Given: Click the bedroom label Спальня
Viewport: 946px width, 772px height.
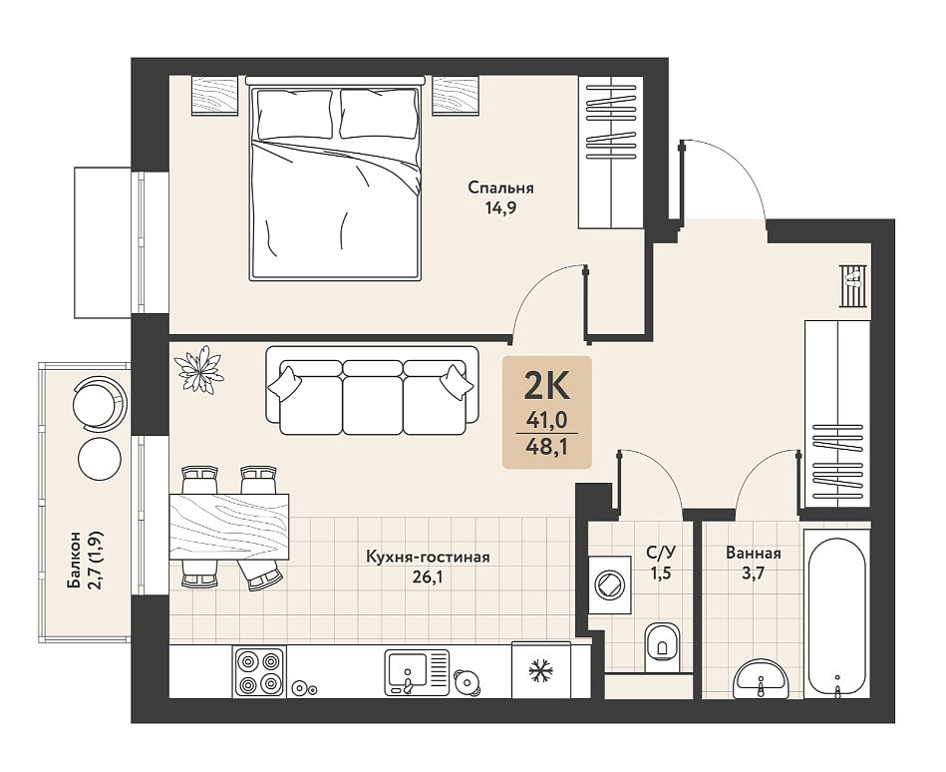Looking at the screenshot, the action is point(500,188).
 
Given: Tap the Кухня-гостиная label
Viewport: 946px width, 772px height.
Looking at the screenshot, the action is point(428,557).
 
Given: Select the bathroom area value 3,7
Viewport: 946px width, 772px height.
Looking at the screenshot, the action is point(754,574).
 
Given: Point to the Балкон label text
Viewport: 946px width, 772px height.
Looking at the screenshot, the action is point(74,561).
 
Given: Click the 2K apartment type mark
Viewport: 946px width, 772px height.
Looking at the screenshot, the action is point(546,387).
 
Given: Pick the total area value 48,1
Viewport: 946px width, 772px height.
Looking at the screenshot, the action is point(547,447).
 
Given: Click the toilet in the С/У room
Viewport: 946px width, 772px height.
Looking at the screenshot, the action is point(662,646).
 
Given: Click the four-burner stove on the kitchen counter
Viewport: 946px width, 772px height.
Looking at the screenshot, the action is point(258,672).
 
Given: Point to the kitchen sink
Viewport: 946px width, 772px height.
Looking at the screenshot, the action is point(417,672).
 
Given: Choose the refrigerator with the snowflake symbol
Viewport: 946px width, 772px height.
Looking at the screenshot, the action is point(541,670).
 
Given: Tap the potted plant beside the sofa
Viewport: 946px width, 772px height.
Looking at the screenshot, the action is point(198,369).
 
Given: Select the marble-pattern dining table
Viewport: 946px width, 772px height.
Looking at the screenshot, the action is point(229,527).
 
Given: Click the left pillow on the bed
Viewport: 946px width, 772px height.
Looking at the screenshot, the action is point(295,114).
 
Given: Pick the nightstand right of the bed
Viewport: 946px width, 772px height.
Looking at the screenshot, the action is point(456,96).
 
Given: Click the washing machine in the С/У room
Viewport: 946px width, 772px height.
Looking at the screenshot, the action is point(609,584).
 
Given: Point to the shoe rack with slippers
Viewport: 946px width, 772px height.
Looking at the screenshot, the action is point(853,285).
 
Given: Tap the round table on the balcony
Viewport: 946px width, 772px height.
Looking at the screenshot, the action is point(100,458).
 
